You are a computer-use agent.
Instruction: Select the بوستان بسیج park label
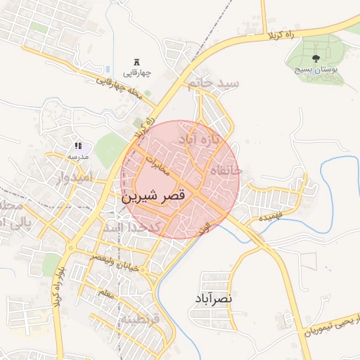pos(315,70)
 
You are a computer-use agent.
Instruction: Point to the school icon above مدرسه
pos(77,146)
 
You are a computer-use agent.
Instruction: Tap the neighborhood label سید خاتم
pos(214,84)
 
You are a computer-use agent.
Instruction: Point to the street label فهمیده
pos(270,217)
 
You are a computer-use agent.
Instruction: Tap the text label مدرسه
pos(77,157)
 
